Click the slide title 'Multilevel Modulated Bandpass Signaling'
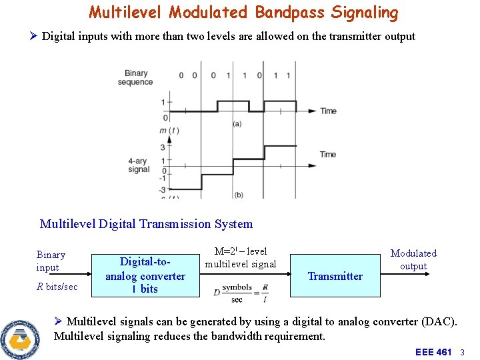(243, 12)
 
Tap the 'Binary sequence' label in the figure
(135, 77)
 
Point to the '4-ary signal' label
(139, 165)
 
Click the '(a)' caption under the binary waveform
(237, 123)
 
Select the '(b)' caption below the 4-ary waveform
(238, 195)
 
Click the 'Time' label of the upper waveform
(328, 111)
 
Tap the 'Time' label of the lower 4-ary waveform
(327, 154)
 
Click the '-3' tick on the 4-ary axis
(162, 189)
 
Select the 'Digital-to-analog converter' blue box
(145, 275)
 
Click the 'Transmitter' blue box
(335, 276)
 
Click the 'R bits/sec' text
(57, 287)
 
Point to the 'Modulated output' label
(413, 259)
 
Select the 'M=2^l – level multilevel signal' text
(240, 257)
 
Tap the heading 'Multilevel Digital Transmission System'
(146, 224)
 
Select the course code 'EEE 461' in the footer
(433, 351)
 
